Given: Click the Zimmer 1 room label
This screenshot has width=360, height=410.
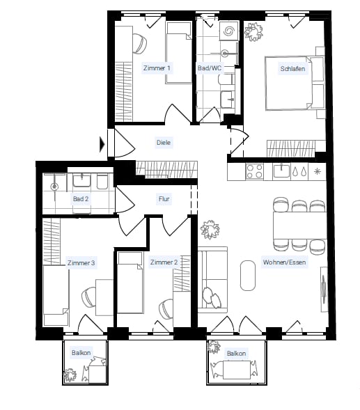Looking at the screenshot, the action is coord(157,68).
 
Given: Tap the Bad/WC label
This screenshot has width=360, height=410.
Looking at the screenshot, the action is coord(210,68).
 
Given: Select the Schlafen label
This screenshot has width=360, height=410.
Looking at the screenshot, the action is coord(292,69).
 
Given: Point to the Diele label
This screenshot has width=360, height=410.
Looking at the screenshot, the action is coord(164,143).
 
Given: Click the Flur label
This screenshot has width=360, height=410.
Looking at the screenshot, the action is coord(164,199).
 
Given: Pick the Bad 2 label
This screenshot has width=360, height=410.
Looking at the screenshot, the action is coord(81,199).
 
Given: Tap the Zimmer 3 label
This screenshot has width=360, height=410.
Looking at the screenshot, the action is coord(81,263).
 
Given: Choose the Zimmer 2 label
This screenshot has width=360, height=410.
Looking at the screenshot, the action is coord(164,262).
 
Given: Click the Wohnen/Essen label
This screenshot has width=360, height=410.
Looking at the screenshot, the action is coord(284,262).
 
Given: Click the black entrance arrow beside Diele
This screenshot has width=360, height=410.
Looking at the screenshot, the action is coord(102,144).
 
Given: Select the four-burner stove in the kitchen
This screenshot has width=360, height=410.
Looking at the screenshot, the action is coord(254,171).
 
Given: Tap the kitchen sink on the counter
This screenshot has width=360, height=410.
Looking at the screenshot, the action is coord(281,171).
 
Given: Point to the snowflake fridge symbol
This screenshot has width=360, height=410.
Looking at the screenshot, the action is coord(318,171).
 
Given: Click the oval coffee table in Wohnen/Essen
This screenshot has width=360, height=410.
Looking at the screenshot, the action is coord(247,276).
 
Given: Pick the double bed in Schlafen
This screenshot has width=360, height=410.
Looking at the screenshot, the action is coord(295,83).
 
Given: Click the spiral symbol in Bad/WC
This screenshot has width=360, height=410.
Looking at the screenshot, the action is coord(228,31).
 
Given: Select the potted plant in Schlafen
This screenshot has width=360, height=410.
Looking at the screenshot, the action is coord(253,32).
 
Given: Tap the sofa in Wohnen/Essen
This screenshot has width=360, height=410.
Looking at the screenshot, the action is coord(212,280).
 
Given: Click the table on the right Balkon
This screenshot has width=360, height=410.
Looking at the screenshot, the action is coord(237,370).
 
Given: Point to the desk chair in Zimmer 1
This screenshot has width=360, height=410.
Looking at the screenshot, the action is coord(140,43).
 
